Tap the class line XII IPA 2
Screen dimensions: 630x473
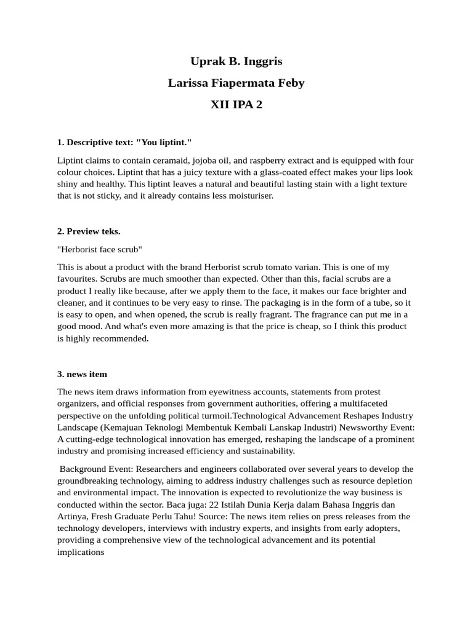(x=236, y=105)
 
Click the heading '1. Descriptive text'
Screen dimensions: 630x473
(x=95, y=143)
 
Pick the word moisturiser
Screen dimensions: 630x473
(x=248, y=196)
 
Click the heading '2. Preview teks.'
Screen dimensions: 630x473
(x=89, y=231)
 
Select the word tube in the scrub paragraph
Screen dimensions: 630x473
(x=383, y=303)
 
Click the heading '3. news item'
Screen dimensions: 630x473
(x=82, y=374)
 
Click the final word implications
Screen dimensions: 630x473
(x=81, y=552)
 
